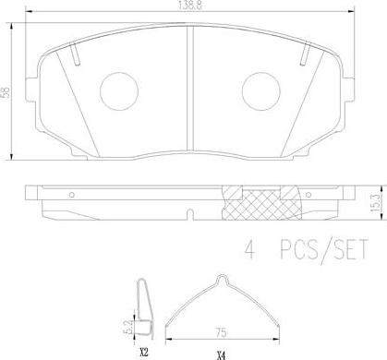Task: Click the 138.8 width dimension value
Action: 190,6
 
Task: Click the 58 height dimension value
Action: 6,92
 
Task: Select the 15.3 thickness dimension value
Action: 377,203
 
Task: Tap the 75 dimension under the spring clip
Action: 222,332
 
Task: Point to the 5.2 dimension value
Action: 130,327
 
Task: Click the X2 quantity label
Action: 144,352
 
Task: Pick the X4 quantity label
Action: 221,356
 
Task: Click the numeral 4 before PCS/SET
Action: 250,249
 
